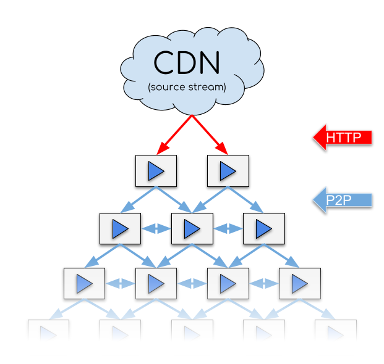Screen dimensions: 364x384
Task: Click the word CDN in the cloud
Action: (187, 63)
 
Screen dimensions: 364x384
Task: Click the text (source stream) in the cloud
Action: (187, 88)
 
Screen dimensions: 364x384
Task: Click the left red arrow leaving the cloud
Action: (175, 134)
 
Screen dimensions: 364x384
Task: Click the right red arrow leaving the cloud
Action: (208, 134)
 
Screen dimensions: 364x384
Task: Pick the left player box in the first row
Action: (156, 170)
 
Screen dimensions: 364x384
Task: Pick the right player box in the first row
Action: (228, 170)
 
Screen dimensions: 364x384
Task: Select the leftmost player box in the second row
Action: (120, 228)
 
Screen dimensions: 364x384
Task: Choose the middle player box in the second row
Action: (192, 228)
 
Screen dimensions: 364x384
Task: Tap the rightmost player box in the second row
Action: (263, 228)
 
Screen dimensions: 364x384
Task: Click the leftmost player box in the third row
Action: (84, 283)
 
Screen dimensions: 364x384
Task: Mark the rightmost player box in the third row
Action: (299, 283)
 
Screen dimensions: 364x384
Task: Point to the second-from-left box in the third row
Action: (156, 283)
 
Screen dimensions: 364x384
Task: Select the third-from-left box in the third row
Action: (228, 283)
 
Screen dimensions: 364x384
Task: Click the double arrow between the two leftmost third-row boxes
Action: (120, 284)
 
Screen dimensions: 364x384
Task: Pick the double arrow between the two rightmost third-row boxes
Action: (263, 284)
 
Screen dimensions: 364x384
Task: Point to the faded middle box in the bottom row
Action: (192, 330)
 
